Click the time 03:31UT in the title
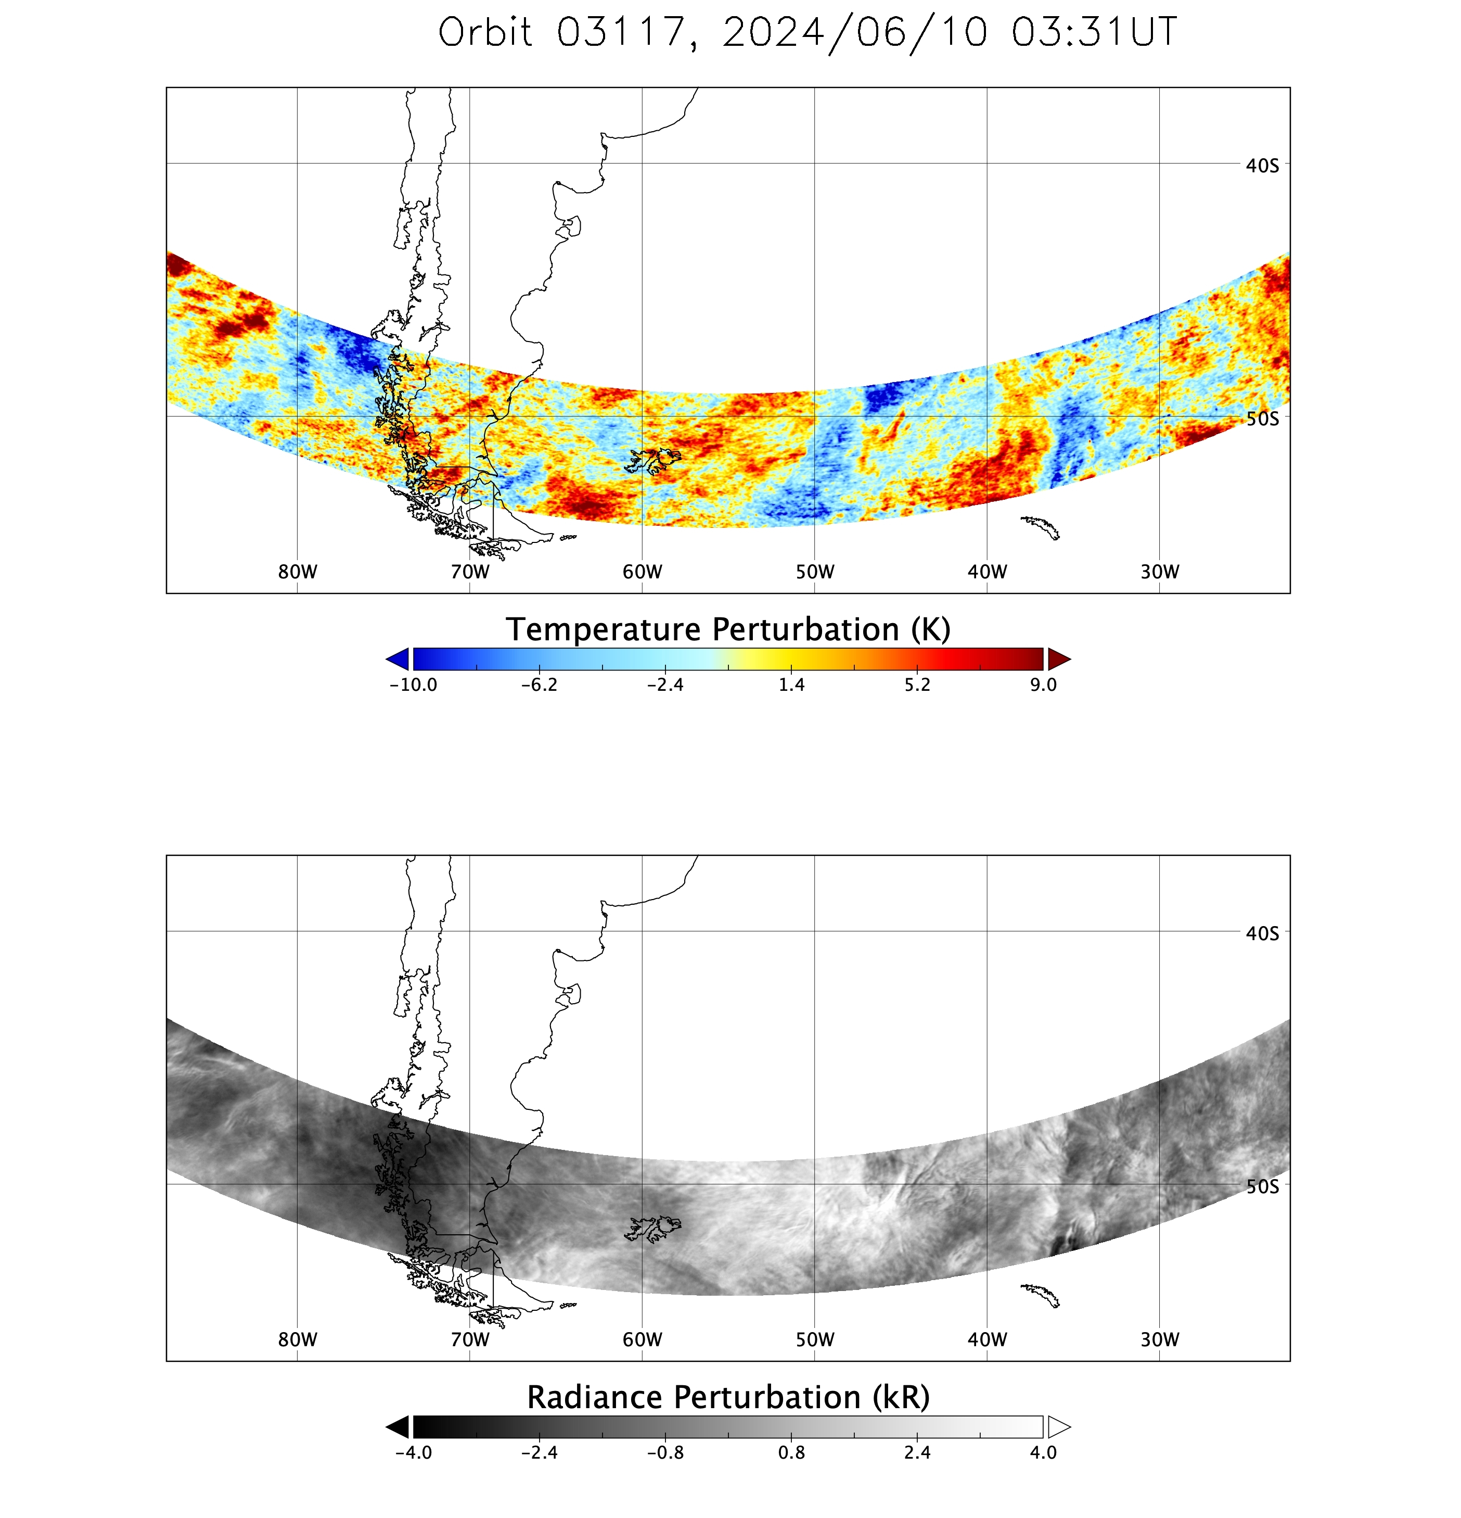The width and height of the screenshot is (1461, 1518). click(x=1093, y=32)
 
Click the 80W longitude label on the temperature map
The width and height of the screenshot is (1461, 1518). click(x=297, y=572)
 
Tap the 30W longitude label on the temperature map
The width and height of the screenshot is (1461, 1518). click(x=1159, y=572)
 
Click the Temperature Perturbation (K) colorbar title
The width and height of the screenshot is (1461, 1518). click(x=728, y=630)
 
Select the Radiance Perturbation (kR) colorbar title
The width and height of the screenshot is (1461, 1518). click(x=728, y=1397)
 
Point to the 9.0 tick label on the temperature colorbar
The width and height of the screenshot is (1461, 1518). click(x=1043, y=685)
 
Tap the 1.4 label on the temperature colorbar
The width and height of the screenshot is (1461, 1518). click(x=791, y=685)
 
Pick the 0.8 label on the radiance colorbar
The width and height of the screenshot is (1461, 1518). click(x=791, y=1452)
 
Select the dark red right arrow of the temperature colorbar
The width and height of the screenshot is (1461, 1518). click(x=1058, y=659)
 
